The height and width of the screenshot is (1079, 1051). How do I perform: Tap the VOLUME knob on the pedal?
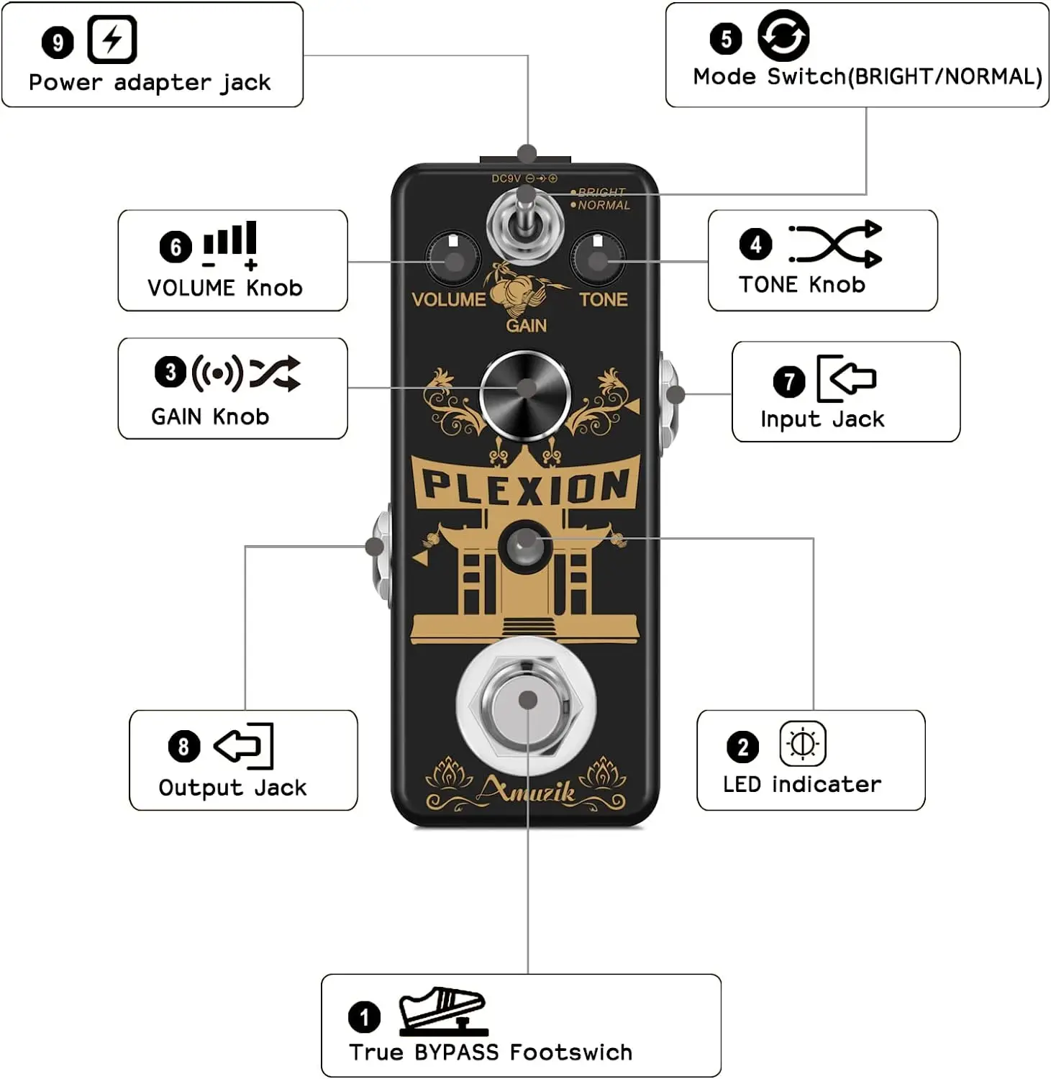(x=452, y=258)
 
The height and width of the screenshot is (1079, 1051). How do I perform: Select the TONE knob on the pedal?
(x=597, y=258)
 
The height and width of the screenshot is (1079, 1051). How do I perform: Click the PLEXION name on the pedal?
(x=525, y=486)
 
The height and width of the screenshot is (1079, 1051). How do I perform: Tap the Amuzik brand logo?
(x=527, y=791)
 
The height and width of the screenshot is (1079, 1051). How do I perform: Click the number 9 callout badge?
(x=58, y=42)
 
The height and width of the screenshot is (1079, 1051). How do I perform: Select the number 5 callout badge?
(x=725, y=39)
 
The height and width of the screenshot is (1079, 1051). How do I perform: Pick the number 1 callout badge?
(x=364, y=1017)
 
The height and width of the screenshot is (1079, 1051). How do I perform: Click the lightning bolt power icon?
(x=112, y=40)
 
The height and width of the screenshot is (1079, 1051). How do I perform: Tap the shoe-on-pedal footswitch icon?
(x=442, y=1011)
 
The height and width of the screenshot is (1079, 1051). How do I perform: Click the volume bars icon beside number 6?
(x=230, y=243)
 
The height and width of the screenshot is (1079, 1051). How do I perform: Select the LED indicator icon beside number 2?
(x=802, y=744)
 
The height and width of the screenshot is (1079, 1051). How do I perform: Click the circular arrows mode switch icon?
(x=783, y=36)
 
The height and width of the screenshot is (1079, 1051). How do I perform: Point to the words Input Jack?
(x=822, y=419)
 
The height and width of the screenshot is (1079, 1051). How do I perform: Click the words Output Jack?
(x=232, y=788)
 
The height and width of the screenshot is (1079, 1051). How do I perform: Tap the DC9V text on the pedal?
(x=506, y=178)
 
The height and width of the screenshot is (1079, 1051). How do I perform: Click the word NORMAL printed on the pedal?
(x=604, y=206)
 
